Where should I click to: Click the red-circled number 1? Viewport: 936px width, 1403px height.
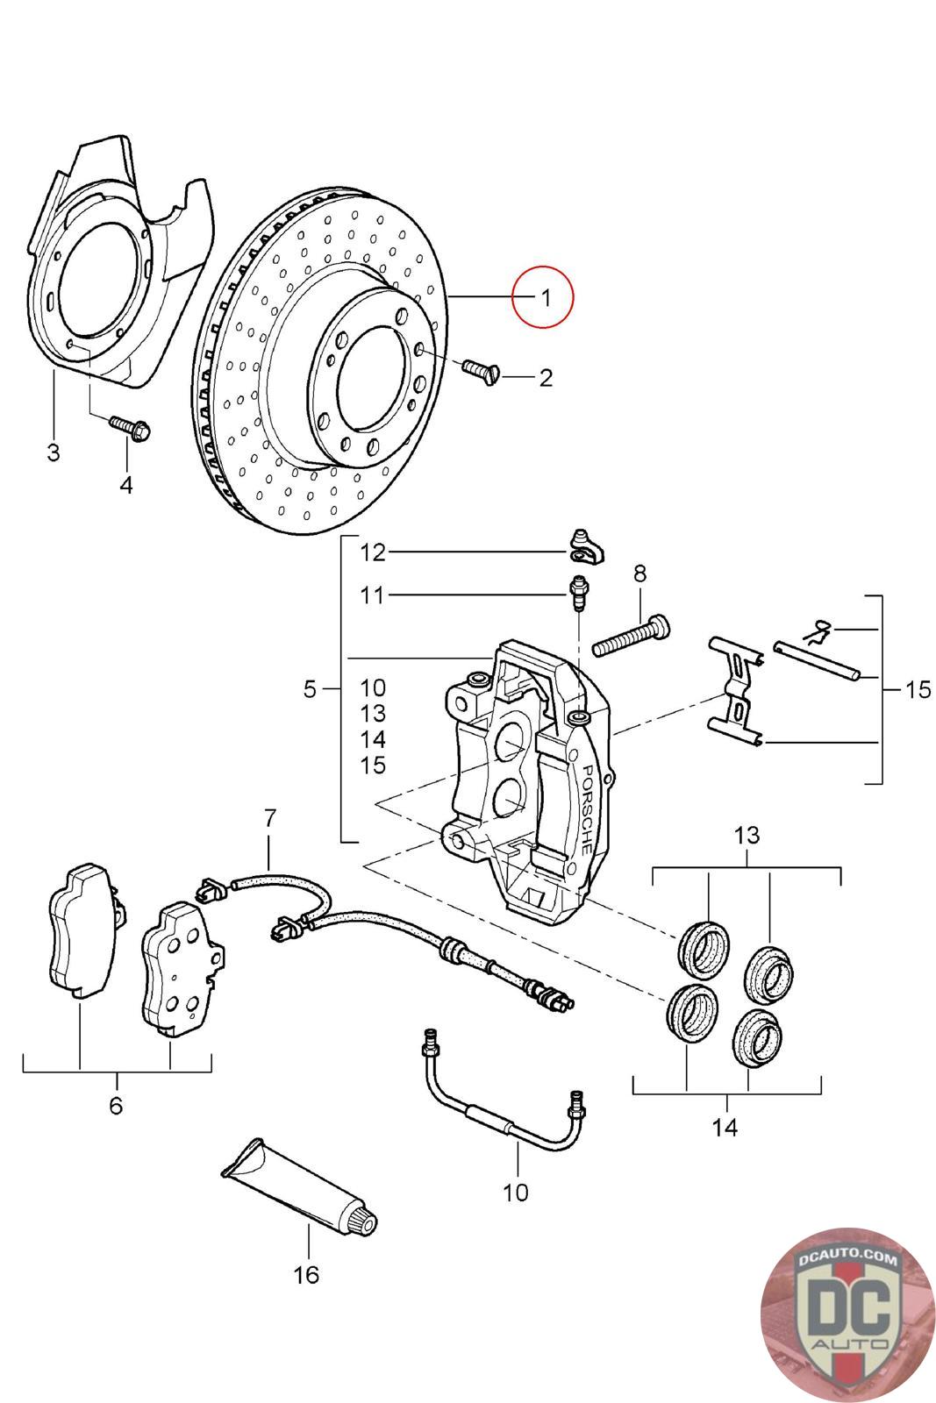coord(544,297)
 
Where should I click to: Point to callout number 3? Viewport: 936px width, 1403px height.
coord(53,453)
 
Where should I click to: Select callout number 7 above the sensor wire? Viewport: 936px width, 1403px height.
coord(269,818)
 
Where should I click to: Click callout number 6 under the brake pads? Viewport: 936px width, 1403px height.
coord(116,1105)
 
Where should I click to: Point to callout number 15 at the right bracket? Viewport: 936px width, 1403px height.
coord(918,690)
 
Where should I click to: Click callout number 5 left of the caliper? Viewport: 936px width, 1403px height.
coord(310,689)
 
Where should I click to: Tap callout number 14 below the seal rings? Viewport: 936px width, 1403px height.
coord(725,1128)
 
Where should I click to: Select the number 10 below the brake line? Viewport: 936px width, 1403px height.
coord(516,1193)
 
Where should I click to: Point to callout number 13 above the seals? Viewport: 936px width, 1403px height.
coord(747,835)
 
